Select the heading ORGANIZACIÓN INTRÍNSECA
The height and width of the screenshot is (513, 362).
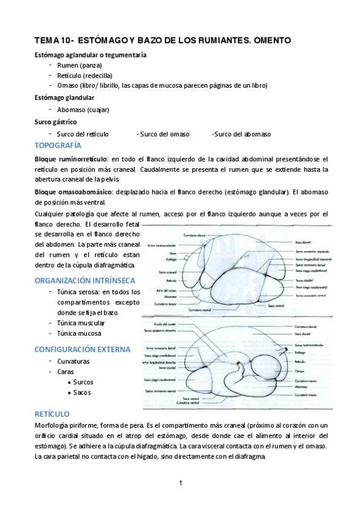(x=84, y=281)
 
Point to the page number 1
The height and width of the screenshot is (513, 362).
(x=181, y=484)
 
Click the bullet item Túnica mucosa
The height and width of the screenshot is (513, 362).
(x=79, y=333)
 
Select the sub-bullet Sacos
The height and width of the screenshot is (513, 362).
(x=82, y=393)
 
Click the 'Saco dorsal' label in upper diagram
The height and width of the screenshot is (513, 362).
(x=303, y=233)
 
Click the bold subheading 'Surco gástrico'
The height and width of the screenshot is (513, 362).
(x=56, y=122)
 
